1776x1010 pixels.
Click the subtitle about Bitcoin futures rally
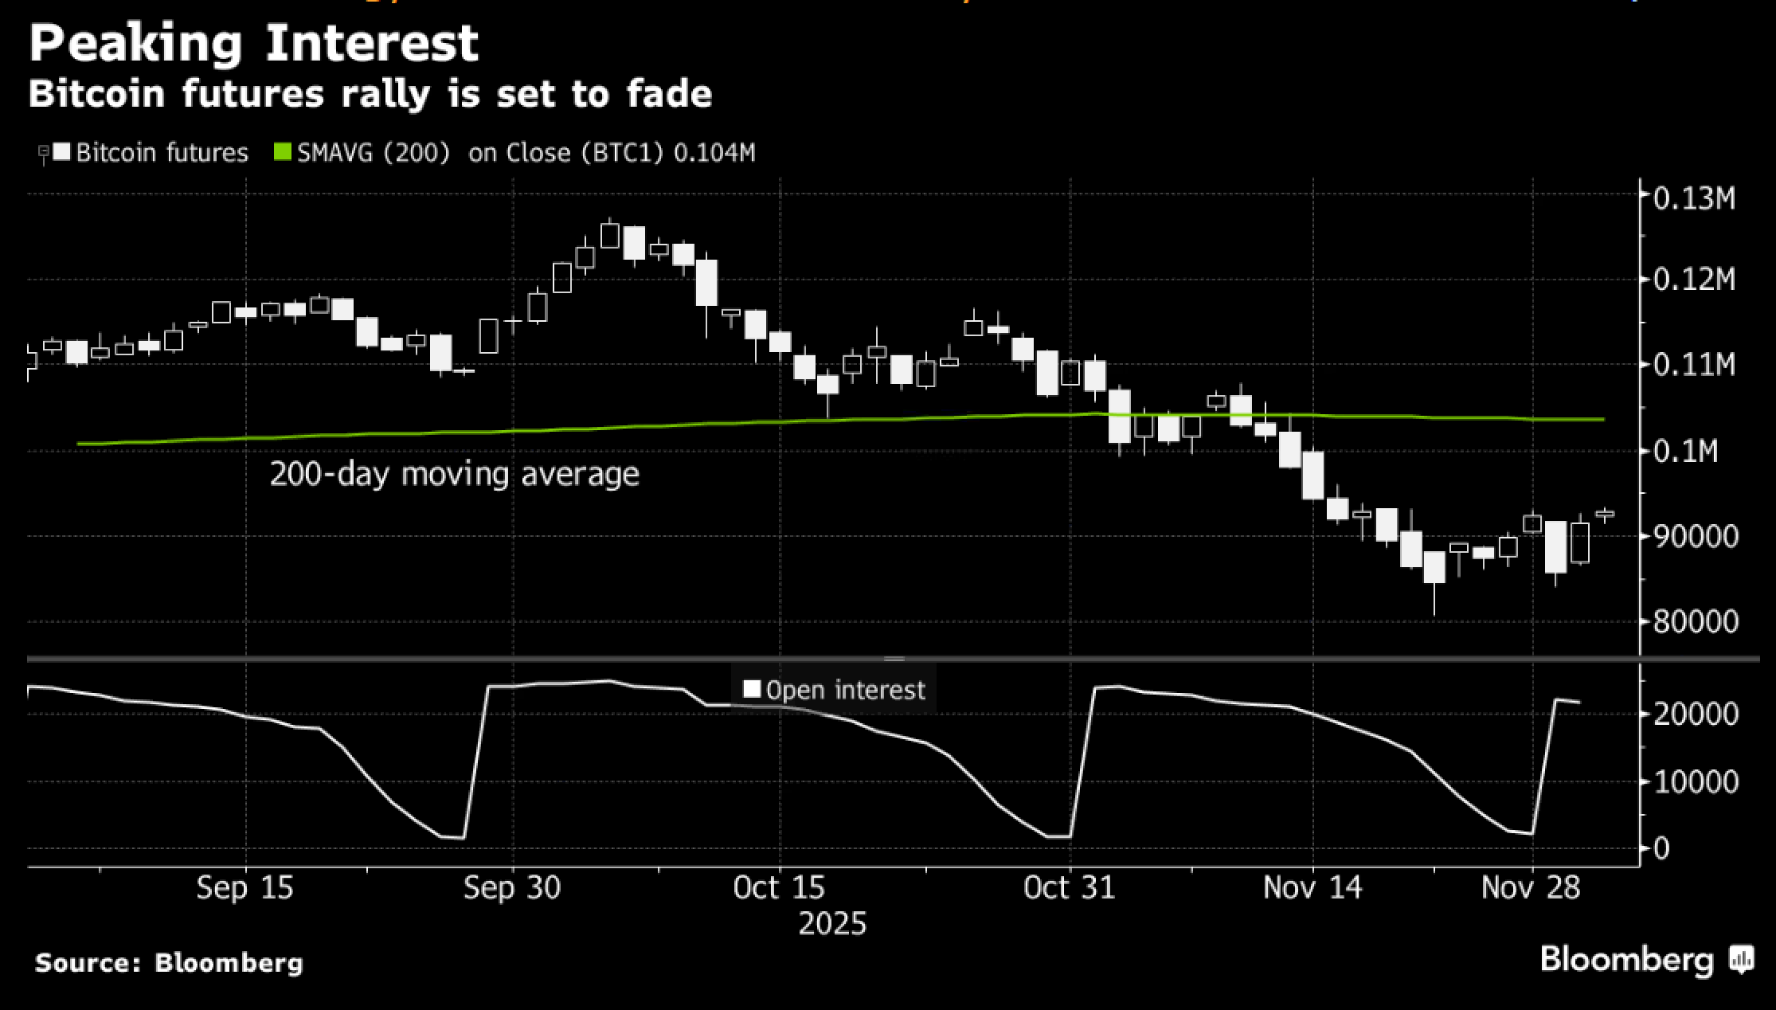point(370,94)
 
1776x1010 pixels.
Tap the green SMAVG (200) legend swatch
point(283,151)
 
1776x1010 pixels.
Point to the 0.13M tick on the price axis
point(1693,198)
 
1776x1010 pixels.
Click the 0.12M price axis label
point(1693,280)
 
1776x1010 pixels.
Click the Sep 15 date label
point(244,887)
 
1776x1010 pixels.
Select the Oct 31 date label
point(1069,887)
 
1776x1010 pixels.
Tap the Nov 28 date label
point(1530,887)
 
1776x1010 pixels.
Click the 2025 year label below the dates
point(831,924)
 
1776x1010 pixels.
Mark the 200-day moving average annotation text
point(454,474)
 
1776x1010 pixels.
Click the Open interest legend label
point(845,690)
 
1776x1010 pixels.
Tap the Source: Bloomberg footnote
point(169,962)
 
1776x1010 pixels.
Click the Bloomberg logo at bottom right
point(1645,959)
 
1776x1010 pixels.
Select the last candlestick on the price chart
point(1605,515)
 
